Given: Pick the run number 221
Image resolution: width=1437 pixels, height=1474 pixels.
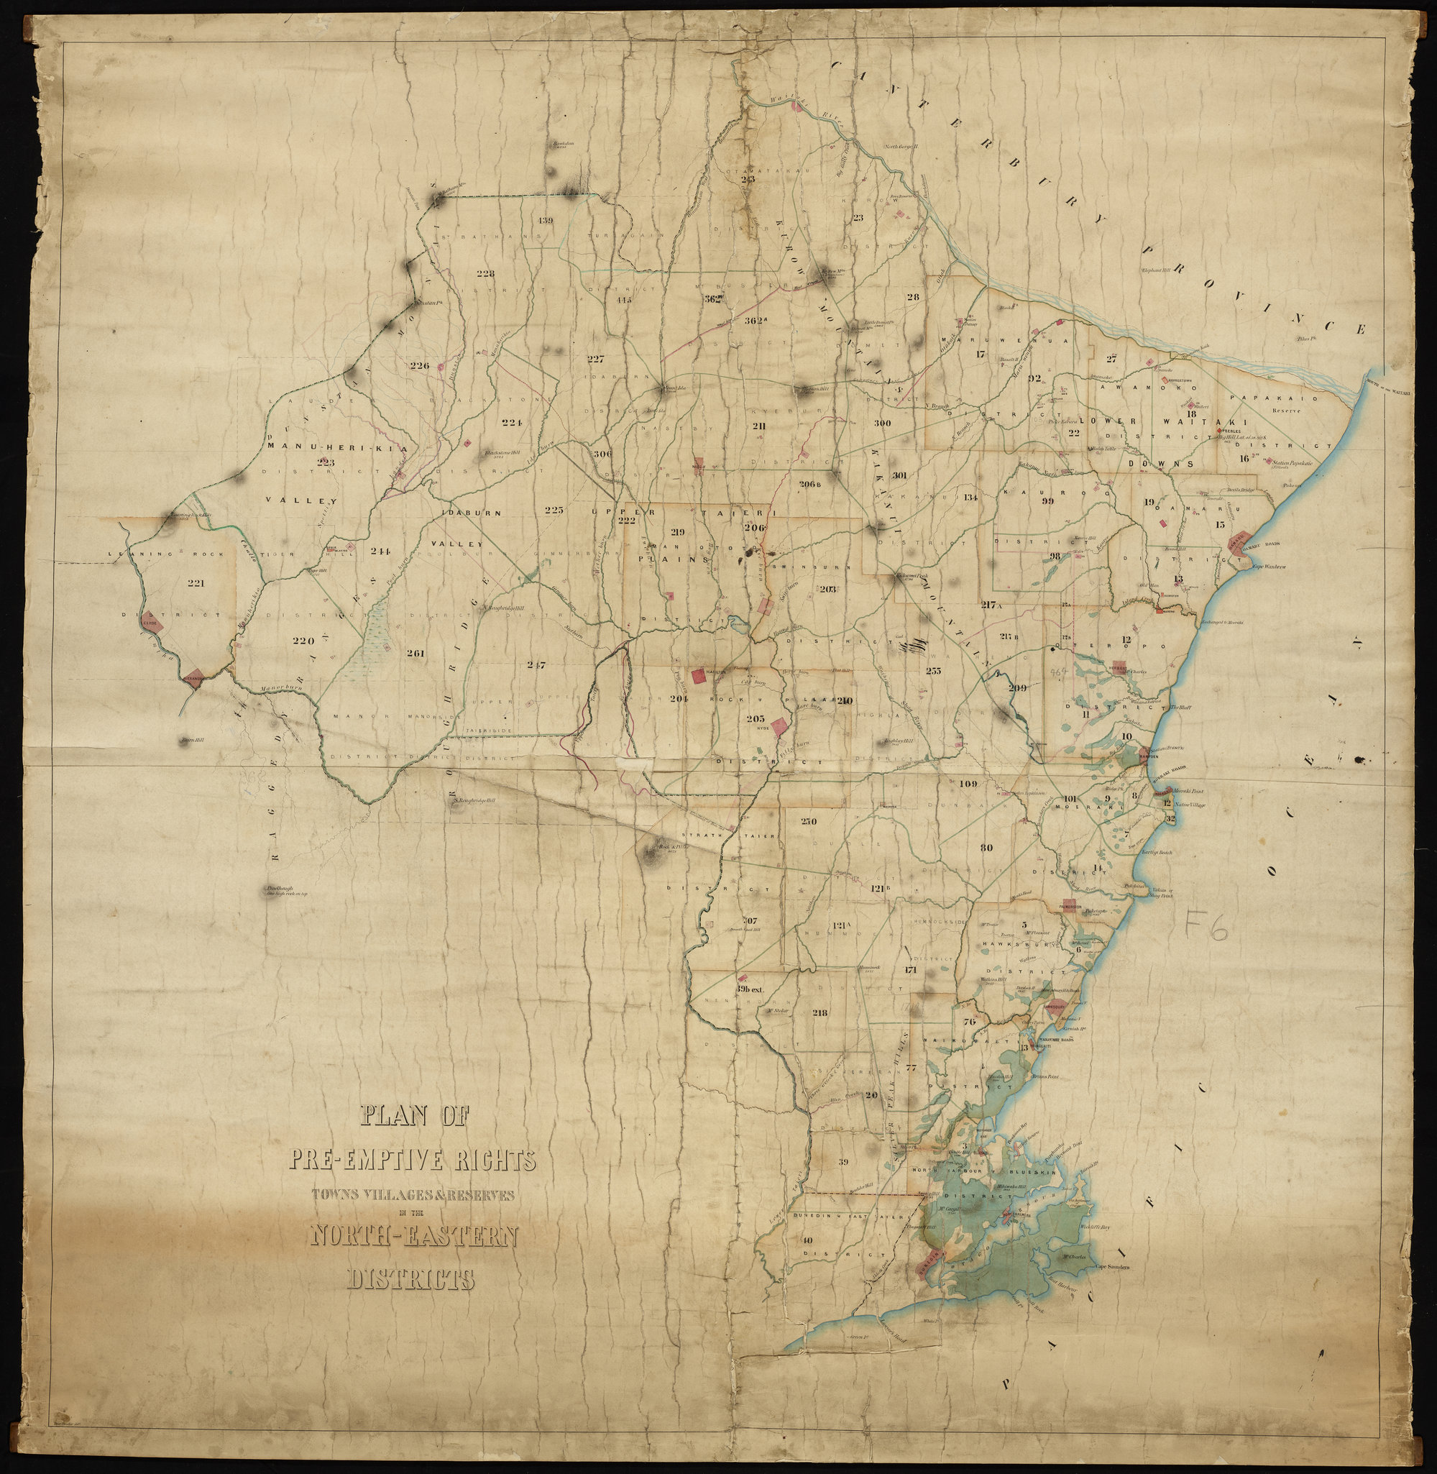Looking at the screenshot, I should point(196,582).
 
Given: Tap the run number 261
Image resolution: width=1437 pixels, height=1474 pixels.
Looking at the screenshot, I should point(416,653).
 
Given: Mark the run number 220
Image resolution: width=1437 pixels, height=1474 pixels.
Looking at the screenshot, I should point(303,641).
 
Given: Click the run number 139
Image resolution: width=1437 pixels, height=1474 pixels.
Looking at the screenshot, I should point(546,221).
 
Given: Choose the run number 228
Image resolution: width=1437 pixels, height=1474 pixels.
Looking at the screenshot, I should point(485,273).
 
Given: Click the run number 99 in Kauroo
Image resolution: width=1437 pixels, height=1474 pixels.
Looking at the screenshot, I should point(1047,501).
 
